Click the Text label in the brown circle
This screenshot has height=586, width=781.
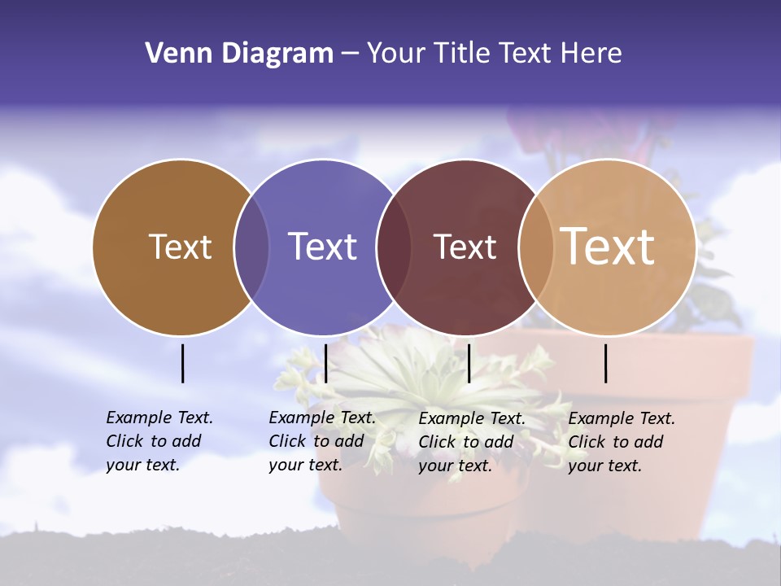coord(180,247)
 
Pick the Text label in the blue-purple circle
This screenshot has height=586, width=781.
coord(323,247)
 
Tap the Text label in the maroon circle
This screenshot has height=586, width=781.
coord(465,247)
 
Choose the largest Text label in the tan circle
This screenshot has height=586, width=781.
coord(608,247)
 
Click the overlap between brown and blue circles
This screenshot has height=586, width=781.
coord(251,247)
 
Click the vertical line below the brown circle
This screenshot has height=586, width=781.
coord(182,363)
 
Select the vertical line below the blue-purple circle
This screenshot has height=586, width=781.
coord(325,363)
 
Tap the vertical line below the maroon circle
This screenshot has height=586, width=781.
coord(469,363)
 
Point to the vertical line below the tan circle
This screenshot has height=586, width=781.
coord(606,363)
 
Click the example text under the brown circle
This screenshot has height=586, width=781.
coord(159,441)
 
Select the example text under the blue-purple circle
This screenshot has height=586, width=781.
coord(321,441)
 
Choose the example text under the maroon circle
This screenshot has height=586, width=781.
coord(471,442)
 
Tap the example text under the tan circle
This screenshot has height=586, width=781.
coord(621,442)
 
